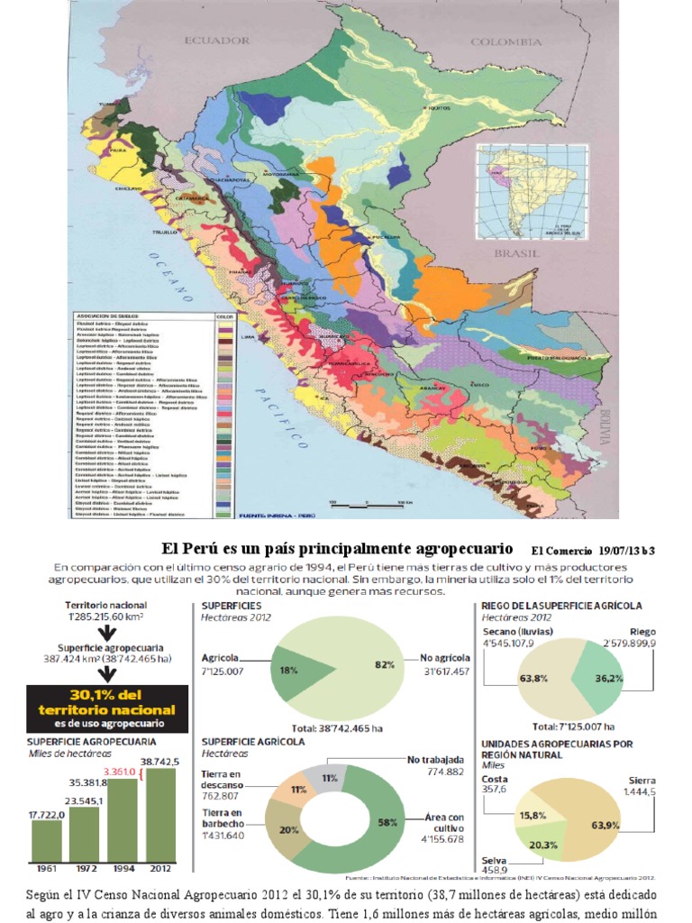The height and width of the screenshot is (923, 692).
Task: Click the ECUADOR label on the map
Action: [x=216, y=41]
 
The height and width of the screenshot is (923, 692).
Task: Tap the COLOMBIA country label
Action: [x=505, y=41]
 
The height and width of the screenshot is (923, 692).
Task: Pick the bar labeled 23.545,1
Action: [x=84, y=834]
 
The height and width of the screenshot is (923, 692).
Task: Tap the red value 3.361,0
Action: [x=120, y=772]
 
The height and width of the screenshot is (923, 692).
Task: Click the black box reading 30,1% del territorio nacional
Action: [x=108, y=708]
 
